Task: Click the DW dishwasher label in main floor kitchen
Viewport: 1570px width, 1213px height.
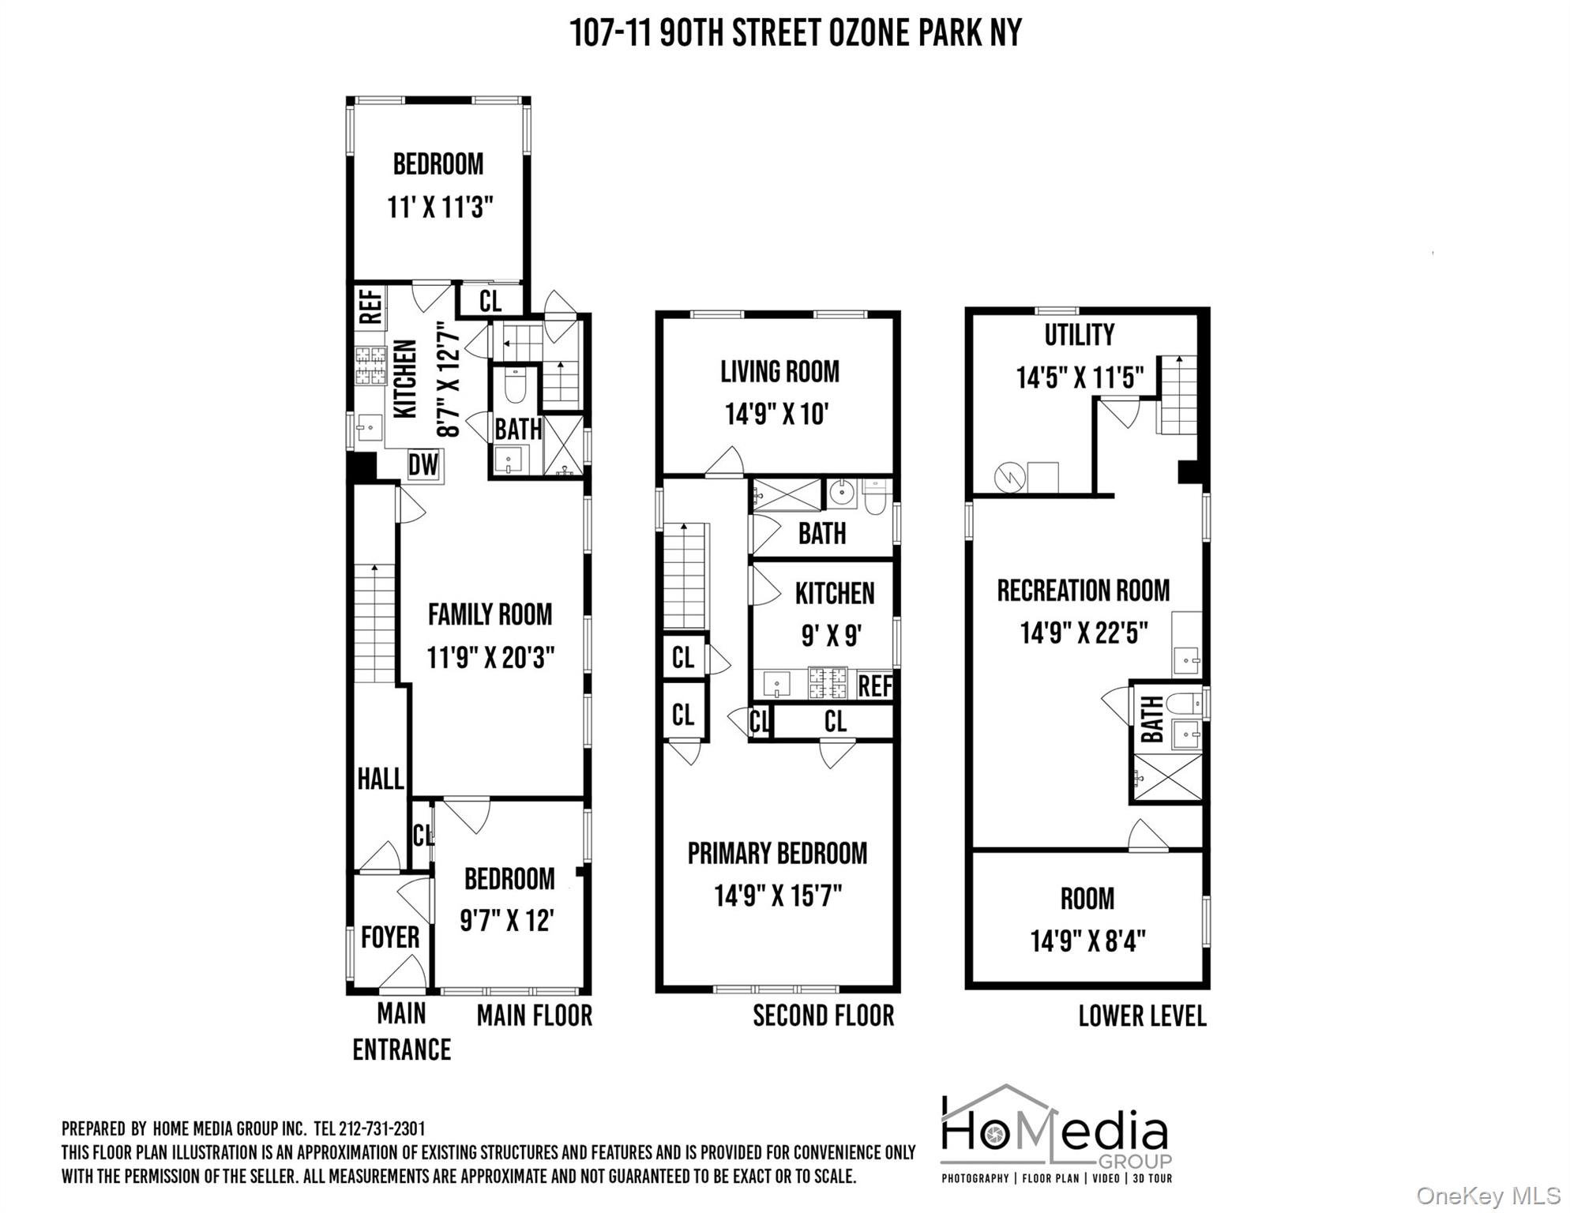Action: click(423, 464)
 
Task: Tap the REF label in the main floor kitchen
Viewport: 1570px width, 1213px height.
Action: click(371, 307)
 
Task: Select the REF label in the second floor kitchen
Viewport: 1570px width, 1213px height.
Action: click(874, 685)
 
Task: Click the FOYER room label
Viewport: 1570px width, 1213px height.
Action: click(389, 937)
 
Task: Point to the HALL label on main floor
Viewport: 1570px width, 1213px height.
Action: click(380, 779)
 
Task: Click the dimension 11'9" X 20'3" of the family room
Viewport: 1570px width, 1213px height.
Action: click(490, 657)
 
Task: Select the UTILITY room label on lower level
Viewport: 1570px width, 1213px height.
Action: click(1079, 335)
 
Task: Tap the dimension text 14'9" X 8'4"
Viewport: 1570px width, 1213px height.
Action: click(1087, 941)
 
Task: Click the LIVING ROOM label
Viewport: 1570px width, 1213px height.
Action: click(779, 371)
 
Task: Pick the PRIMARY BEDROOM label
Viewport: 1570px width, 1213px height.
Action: click(777, 853)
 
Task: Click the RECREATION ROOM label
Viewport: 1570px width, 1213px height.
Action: click(1083, 590)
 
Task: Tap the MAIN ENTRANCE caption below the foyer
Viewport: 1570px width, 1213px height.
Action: click(401, 1031)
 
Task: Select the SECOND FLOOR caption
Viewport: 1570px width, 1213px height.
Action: click(823, 1016)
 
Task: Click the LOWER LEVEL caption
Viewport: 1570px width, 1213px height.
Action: click(1142, 1016)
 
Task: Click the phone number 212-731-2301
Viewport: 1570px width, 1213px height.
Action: click(381, 1129)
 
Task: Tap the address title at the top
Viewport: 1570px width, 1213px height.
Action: click(795, 33)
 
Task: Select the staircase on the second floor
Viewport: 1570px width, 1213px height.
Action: click(684, 576)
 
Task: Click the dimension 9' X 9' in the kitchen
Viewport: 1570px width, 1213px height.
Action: click(831, 635)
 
